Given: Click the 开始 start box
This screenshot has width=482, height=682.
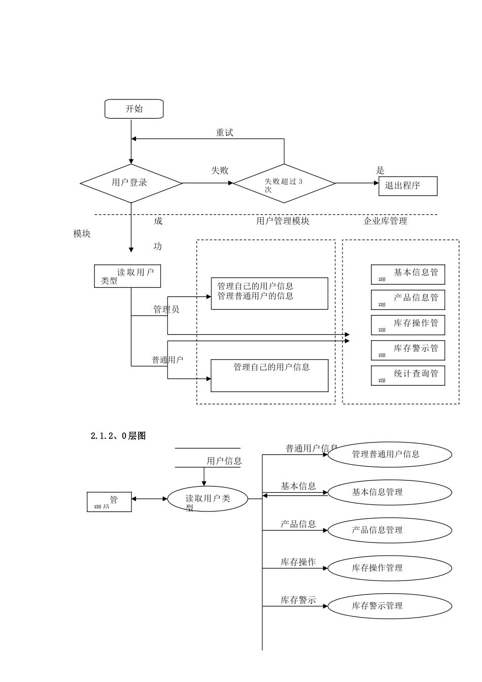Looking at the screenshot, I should pyautogui.click(x=134, y=109).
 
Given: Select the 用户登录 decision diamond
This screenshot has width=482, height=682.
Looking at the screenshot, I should pyautogui.click(x=131, y=183).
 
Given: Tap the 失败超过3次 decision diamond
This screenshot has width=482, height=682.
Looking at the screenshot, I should pyautogui.click(x=284, y=183).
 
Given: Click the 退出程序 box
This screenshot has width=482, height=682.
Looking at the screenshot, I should pyautogui.click(x=407, y=186).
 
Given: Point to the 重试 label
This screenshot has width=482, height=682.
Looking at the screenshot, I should pyautogui.click(x=224, y=132).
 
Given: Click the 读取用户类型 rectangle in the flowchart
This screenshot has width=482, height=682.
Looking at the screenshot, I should pyautogui.click(x=127, y=277).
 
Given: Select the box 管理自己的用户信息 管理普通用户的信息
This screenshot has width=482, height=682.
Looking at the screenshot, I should pyautogui.click(x=269, y=293).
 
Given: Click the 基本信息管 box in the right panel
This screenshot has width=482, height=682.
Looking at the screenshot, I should pyautogui.click(x=408, y=274).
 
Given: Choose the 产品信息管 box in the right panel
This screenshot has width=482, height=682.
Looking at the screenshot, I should pyautogui.click(x=408, y=299).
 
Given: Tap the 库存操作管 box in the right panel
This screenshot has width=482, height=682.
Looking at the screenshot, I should pyautogui.click(x=408, y=325).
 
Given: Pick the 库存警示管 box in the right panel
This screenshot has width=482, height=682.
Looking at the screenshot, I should pyautogui.click(x=408, y=350).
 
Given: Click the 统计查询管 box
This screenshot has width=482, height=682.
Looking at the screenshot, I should pyautogui.click(x=408, y=376).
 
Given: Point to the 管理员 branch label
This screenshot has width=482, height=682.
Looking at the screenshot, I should pyautogui.click(x=166, y=309).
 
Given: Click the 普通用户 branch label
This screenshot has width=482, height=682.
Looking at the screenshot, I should pyautogui.click(x=167, y=360).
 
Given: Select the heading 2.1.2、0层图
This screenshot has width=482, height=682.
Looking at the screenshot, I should pyautogui.click(x=118, y=435).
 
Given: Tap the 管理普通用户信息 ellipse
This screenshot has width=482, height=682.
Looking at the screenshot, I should pyautogui.click(x=390, y=454).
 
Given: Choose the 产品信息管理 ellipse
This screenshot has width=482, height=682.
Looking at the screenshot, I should pyautogui.click(x=390, y=530).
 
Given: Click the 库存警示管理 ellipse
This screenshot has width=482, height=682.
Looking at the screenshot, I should pyautogui.click(x=390, y=605).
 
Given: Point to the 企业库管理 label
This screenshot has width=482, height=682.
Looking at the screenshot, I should pyautogui.click(x=385, y=221).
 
